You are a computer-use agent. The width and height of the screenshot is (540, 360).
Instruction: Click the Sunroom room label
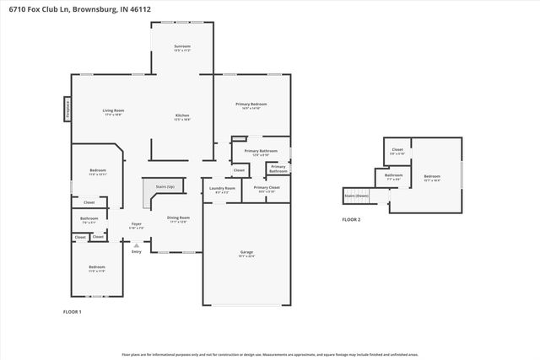click(x=182, y=47)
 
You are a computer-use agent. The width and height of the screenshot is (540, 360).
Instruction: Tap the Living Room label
click(x=114, y=112)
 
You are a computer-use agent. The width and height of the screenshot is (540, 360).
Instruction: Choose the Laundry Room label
click(x=223, y=189)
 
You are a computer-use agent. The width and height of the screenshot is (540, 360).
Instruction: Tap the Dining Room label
click(x=178, y=218)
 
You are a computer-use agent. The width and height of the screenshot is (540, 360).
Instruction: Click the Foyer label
click(x=136, y=225)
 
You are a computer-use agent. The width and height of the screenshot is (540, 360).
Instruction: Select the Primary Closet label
click(x=267, y=189)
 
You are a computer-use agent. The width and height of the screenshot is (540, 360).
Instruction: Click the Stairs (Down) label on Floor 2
click(x=357, y=196)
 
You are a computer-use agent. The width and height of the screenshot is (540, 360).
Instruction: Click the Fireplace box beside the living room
click(x=67, y=110)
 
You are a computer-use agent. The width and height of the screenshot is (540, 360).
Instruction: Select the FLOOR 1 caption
click(x=73, y=312)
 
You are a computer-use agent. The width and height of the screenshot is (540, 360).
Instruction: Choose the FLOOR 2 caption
click(x=351, y=219)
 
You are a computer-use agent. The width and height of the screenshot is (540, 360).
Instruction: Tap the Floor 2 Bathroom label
click(x=394, y=176)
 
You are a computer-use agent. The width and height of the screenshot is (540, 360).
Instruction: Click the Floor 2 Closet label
click(x=397, y=151)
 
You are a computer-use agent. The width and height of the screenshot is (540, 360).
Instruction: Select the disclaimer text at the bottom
click(x=270, y=354)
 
